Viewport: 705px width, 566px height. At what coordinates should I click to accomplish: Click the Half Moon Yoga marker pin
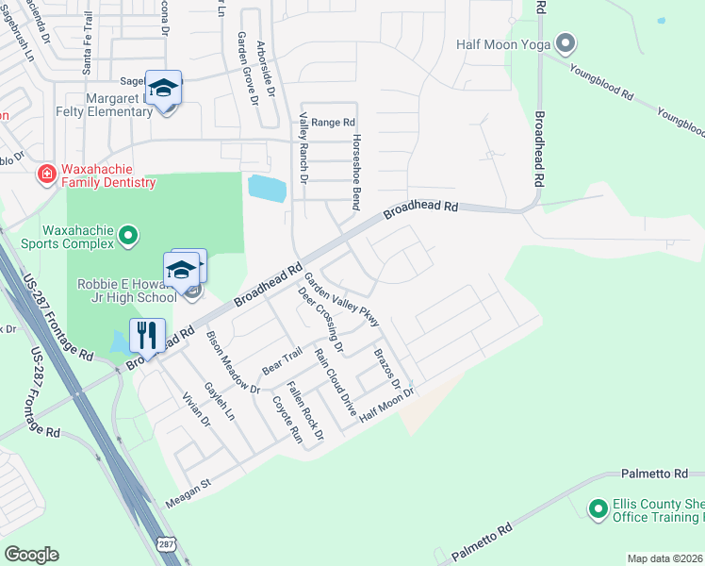(566, 43)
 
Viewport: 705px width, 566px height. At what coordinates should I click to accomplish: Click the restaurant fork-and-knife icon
(147, 335)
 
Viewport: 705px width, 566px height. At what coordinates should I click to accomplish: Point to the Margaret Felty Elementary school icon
(164, 89)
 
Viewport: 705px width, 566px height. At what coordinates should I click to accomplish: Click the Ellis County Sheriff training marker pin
(597, 509)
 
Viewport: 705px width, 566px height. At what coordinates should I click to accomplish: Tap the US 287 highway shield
(166, 545)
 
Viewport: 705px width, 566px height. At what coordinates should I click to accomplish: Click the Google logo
(31, 555)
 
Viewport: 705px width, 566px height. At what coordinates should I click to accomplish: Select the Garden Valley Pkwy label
(341, 300)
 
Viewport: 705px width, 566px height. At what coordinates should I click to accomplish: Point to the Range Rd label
(333, 123)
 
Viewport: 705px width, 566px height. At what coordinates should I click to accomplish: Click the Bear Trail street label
(282, 360)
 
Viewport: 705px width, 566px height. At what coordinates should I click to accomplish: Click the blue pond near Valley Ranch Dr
(268, 188)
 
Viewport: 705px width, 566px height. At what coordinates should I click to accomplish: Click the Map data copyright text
(664, 558)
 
